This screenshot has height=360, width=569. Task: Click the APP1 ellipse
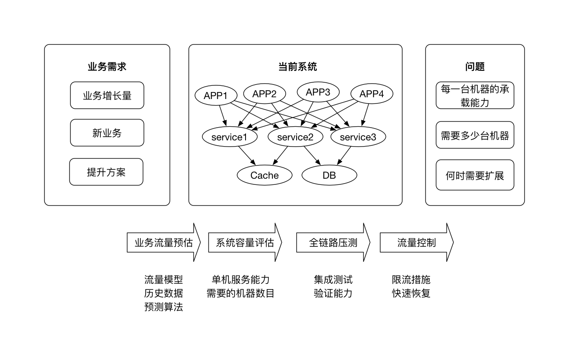pos(216,95)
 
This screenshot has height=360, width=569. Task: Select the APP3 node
pos(318,92)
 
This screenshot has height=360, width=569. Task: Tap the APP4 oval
pos(371,94)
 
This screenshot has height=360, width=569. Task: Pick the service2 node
pos(295,137)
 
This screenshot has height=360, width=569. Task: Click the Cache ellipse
pos(264,176)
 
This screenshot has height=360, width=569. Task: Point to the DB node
pos(329,176)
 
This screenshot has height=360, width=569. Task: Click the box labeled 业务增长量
pos(107,95)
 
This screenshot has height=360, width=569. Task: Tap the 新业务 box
pos(107,133)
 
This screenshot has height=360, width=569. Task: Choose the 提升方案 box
pos(106,172)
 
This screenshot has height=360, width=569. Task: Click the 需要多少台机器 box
pos(475,135)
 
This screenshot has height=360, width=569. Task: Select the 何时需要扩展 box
pos(475,175)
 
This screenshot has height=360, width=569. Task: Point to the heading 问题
pos(475,67)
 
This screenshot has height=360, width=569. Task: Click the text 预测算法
pos(164,307)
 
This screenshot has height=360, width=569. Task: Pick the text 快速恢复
pos(411,293)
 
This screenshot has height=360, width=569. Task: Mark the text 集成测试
pos(333,279)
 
